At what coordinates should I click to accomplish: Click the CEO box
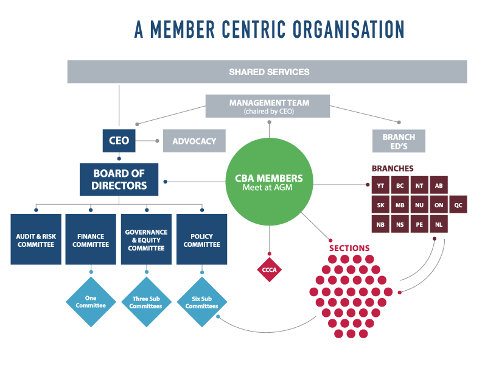click(119, 141)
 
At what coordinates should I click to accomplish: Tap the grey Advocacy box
click(194, 141)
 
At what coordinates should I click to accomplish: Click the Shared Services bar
click(267, 71)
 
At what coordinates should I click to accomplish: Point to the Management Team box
click(268, 106)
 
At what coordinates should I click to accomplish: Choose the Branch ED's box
click(399, 141)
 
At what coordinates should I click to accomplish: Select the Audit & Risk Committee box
click(36, 240)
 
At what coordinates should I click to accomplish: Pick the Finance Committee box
click(91, 240)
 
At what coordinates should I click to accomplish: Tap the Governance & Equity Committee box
click(146, 240)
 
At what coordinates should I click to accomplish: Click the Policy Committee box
click(201, 240)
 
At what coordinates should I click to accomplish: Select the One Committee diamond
click(91, 301)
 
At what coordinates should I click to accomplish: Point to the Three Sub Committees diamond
click(146, 301)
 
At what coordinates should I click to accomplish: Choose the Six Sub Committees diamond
click(201, 301)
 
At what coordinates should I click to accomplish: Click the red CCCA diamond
click(269, 269)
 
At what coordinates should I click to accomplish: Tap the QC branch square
click(458, 205)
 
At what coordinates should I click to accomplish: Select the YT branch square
click(380, 185)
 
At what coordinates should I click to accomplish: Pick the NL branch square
click(439, 224)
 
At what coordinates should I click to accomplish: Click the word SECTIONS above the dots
click(349, 248)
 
